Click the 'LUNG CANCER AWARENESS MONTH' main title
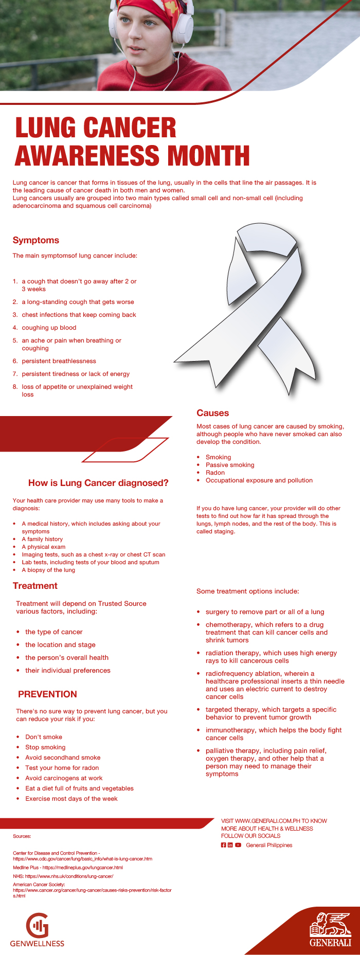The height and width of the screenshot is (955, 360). [x=132, y=142]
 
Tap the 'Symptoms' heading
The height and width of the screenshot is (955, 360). [x=35, y=240]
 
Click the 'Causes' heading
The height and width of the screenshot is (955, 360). [x=212, y=413]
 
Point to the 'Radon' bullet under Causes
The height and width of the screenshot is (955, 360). [x=215, y=473]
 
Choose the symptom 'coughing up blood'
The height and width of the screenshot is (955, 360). [x=49, y=328]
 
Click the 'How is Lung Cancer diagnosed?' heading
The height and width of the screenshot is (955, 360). [x=98, y=483]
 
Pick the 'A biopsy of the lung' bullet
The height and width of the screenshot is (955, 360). [x=48, y=570]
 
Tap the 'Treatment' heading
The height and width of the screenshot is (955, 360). [x=35, y=586]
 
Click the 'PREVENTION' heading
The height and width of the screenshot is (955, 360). [x=47, y=694]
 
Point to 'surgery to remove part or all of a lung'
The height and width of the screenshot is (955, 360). [x=264, y=612]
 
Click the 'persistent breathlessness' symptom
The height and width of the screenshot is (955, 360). [x=59, y=361]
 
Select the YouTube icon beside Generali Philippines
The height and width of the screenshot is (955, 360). [x=238, y=845]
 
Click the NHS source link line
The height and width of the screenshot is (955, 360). [x=63, y=876]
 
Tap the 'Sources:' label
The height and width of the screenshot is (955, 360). [x=22, y=836]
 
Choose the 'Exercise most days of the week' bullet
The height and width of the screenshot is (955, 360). [x=71, y=799]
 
